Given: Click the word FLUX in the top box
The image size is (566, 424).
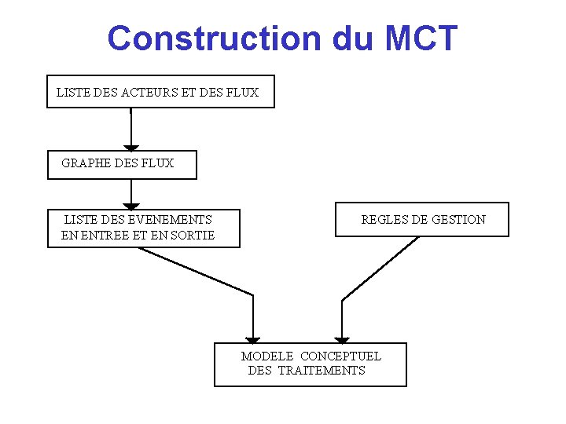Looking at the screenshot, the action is [x=241, y=93].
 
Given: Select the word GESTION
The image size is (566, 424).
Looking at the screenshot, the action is [x=458, y=220].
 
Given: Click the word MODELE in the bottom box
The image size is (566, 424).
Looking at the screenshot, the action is [x=267, y=356].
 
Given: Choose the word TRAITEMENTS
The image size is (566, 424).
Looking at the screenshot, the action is [x=322, y=371].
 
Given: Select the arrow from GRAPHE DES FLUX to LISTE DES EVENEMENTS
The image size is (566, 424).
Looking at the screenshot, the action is [x=131, y=193].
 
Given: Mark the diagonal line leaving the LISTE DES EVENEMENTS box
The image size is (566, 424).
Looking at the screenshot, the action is [x=197, y=272].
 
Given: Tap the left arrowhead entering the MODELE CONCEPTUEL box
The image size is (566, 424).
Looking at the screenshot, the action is [x=252, y=339].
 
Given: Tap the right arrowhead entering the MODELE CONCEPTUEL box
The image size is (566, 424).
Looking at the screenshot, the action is [x=342, y=339].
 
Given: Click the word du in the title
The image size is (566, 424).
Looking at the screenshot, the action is [x=354, y=38].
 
